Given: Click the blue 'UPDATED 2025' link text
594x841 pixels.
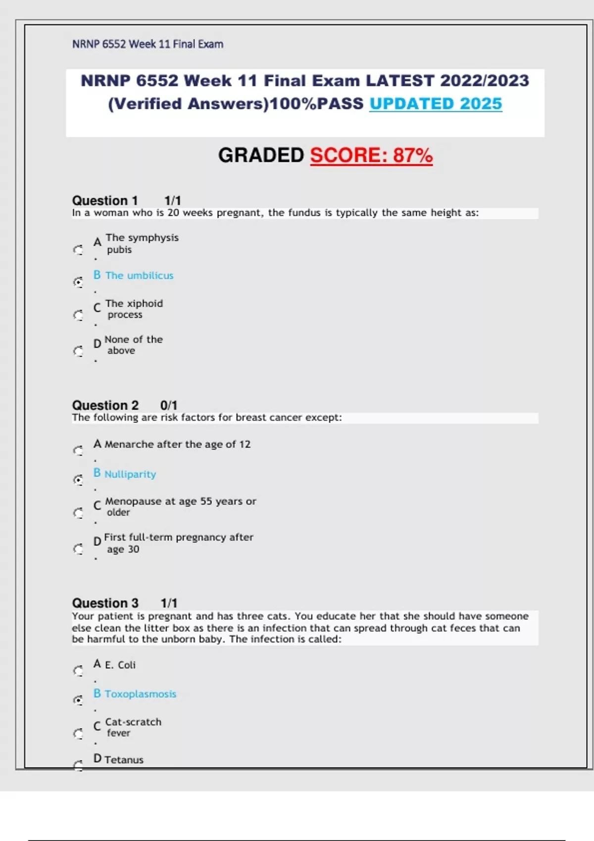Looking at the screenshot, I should [x=436, y=104].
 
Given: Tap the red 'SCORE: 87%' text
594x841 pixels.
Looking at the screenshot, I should [x=371, y=155].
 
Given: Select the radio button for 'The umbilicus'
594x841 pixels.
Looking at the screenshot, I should [x=78, y=282].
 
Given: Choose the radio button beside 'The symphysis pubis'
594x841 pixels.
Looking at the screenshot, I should [x=78, y=250].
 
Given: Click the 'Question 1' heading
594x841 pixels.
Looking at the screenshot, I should [x=105, y=200].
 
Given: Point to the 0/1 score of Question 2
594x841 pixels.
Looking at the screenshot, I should [x=169, y=405].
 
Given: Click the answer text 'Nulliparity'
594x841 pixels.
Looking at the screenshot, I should [x=130, y=474].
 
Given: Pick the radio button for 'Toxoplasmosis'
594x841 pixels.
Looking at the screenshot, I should [x=78, y=700].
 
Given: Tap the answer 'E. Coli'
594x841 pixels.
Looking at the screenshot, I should [x=120, y=665].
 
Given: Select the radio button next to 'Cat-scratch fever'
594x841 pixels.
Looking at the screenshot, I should [x=78, y=733].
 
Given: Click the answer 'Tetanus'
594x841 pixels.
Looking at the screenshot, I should [x=124, y=759].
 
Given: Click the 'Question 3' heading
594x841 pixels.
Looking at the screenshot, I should [x=105, y=603].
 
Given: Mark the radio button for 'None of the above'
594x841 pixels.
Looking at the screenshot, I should [x=78, y=351].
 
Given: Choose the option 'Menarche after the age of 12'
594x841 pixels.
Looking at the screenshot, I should [x=177, y=444].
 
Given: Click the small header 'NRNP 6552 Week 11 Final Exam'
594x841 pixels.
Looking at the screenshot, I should [x=148, y=44].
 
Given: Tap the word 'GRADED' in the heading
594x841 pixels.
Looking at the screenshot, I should [x=261, y=155].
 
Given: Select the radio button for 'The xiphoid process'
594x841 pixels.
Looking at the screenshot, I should [x=78, y=315].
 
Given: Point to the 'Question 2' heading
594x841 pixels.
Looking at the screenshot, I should [x=105, y=405].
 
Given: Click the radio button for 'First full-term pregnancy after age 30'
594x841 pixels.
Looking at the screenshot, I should [x=78, y=549].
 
